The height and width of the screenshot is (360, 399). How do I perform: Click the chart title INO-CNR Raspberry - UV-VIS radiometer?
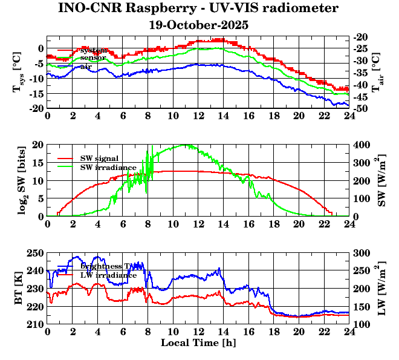pyautogui.click(x=198, y=9)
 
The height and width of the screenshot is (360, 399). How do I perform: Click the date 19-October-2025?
pyautogui.click(x=198, y=25)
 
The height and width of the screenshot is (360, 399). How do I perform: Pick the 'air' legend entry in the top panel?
pyautogui.click(x=86, y=66)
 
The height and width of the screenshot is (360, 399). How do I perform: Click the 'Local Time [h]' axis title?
pyautogui.click(x=198, y=342)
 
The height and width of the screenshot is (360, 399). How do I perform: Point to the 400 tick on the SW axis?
pyautogui.click(x=362, y=145)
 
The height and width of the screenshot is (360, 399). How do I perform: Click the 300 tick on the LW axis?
pyautogui.click(x=362, y=253)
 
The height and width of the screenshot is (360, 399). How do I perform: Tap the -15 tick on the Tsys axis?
pyautogui.click(x=35, y=94)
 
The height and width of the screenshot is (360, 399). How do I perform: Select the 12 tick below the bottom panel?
pyautogui.click(x=198, y=331)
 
